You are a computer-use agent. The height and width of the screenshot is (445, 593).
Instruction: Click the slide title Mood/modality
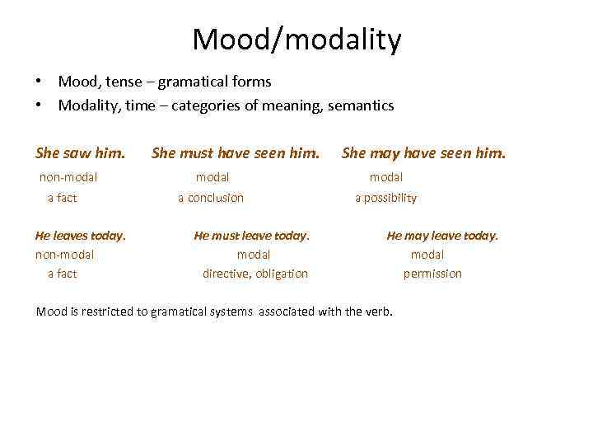[x=296, y=39]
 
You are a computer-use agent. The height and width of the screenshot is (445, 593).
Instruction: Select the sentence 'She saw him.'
[x=81, y=152]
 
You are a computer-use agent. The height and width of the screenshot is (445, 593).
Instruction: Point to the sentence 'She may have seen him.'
[x=424, y=152]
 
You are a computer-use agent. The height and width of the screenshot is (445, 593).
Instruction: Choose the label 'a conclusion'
[x=211, y=198]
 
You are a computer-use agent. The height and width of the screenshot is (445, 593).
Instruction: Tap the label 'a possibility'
[x=385, y=198]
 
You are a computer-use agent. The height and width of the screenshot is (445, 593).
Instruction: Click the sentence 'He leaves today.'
[x=81, y=236]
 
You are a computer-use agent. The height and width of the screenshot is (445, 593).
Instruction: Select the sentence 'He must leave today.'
[x=251, y=236]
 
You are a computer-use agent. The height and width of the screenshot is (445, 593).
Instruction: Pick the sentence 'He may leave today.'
[x=442, y=236]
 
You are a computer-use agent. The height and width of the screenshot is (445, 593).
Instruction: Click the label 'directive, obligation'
[x=255, y=274]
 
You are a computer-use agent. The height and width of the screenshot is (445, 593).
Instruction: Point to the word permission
[x=432, y=274]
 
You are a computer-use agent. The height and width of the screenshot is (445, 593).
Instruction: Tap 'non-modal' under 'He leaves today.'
[x=65, y=255]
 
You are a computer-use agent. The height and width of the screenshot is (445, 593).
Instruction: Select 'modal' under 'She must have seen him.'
[x=212, y=176]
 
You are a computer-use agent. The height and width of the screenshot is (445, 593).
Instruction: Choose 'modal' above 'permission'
[x=427, y=255]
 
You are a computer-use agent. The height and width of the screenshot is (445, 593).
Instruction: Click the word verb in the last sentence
[x=380, y=311]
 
